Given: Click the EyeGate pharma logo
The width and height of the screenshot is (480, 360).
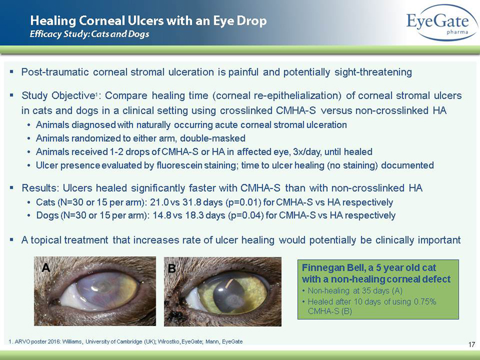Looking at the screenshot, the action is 442,23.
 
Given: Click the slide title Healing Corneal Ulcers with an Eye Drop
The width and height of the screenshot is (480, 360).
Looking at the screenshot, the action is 149,21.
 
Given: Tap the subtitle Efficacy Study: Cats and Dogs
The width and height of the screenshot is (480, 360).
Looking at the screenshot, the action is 90,34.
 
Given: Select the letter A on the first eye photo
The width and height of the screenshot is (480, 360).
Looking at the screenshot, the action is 46,268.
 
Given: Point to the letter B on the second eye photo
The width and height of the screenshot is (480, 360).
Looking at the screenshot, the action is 172,269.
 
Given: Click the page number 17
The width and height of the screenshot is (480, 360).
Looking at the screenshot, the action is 471,345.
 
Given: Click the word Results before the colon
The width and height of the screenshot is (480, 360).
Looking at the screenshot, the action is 39,188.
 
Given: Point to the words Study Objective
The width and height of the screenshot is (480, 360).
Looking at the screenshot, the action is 57,96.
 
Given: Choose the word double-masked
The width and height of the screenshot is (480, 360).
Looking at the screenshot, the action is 212,138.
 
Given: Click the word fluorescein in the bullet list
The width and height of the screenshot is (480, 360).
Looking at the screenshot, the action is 179,165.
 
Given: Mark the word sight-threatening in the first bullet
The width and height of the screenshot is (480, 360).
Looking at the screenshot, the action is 373,72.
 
